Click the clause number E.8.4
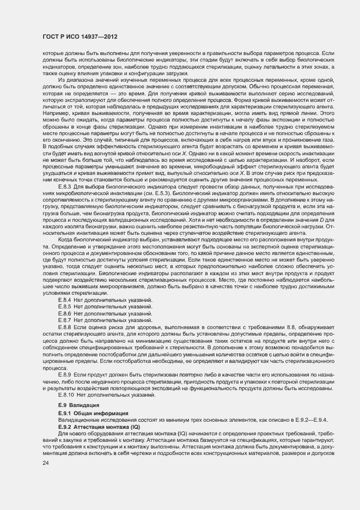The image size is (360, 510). (65, 300)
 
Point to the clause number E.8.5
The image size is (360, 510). (65, 307)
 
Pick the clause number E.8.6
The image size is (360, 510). (65, 314)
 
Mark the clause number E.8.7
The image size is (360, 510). (65, 320)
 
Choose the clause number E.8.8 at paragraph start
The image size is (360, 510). (65, 327)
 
